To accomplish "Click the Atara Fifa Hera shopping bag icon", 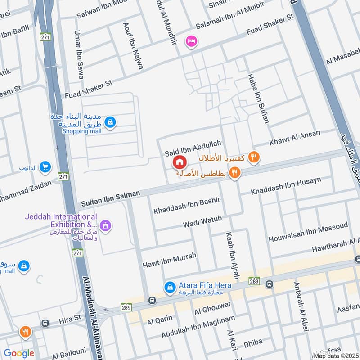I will (170, 286).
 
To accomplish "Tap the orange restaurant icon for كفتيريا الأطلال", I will (254, 157).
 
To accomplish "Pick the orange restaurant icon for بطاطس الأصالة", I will (234, 173).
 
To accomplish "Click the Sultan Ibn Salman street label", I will (111, 198).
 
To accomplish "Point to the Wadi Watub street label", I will (202, 222).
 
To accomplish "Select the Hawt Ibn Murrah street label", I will (169, 259).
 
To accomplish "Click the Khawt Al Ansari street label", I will (295, 138).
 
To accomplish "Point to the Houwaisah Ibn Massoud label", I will (308, 232).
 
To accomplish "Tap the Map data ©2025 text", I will (336, 356).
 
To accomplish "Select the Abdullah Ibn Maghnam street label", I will (198, 327).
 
